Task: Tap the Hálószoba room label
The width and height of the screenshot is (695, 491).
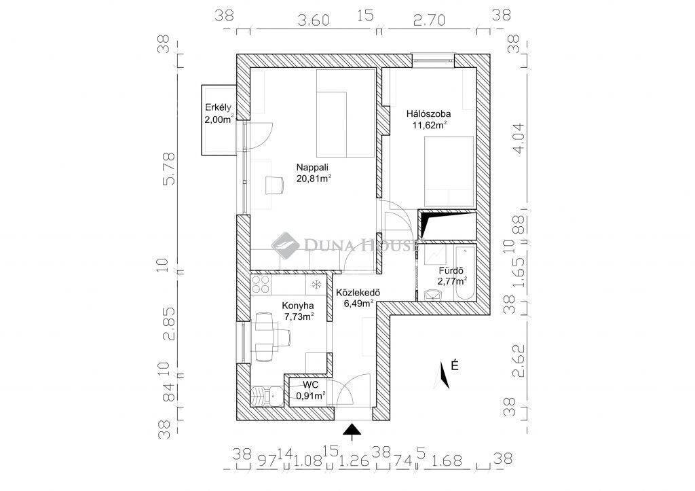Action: (x=428, y=114)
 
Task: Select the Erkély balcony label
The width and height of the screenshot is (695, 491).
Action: (x=218, y=107)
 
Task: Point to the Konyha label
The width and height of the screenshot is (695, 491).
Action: (x=298, y=306)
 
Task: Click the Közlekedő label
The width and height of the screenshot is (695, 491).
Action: (x=358, y=293)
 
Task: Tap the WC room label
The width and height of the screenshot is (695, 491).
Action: (x=310, y=384)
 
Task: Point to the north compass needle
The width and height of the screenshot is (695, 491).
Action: (x=443, y=376)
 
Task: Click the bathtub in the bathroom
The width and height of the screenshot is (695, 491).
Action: (x=464, y=274)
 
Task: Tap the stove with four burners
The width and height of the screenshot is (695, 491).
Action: (x=261, y=285)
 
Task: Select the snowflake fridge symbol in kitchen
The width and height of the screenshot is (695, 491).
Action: (x=316, y=285)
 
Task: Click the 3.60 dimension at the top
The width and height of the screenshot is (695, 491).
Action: (x=314, y=20)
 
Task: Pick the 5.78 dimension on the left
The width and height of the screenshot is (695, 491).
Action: (x=169, y=169)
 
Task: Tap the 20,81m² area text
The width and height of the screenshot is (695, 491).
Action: (x=314, y=179)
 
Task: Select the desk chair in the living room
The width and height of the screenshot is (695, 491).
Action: (x=274, y=185)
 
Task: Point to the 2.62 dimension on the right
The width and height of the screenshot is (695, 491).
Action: (x=518, y=361)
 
